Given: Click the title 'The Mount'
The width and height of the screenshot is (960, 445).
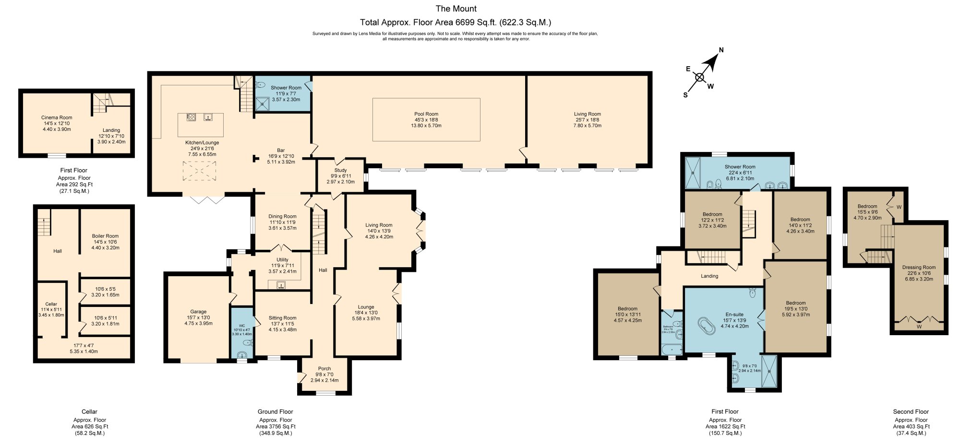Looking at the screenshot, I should (x=456, y=9).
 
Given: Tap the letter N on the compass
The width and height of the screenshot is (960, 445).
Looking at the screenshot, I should (x=721, y=50).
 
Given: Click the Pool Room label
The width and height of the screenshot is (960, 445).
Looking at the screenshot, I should (x=426, y=114).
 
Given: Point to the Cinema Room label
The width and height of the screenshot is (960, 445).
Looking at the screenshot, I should (x=57, y=117).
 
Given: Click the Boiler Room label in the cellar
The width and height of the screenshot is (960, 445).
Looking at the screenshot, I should (x=105, y=236).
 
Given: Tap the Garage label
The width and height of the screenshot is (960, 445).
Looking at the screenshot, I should (x=198, y=312).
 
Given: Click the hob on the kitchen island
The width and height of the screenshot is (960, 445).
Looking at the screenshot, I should (x=191, y=117).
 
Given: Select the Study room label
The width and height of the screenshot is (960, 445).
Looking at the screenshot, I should (x=340, y=170).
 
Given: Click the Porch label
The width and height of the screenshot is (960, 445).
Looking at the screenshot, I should (x=324, y=369).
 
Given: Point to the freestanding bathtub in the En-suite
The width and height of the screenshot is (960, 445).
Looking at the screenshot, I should (x=705, y=326).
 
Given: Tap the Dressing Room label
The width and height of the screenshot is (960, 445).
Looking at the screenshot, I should (x=919, y=268).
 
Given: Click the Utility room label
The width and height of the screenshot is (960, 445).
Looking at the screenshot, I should (x=282, y=260).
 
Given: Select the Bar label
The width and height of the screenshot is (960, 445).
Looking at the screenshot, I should (x=281, y=151).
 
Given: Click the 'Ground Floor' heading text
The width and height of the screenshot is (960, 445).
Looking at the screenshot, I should (x=275, y=411).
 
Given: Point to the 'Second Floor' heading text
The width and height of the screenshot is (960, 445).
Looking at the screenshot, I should (x=911, y=411).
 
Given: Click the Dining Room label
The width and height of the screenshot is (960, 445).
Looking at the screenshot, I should (x=282, y=217).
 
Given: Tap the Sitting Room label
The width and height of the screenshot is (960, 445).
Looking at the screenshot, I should (x=282, y=318).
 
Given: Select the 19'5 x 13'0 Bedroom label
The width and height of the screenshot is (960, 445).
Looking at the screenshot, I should (x=795, y=303).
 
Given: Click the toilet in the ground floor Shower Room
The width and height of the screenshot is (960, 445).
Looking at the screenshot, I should (x=261, y=85).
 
